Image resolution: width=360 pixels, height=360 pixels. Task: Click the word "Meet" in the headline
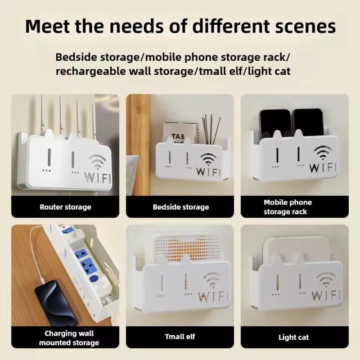tap(48, 26)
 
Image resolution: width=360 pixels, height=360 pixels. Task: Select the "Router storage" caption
tap(65, 207)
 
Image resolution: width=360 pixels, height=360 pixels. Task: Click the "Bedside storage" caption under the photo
tap(181, 207)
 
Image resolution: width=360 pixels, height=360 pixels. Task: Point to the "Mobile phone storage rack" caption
tap(288, 207)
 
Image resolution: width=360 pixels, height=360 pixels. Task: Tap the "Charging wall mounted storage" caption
tap(69, 338)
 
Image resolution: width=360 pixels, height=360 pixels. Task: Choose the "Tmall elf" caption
tap(180, 337)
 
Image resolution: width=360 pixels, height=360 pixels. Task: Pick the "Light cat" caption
tap(294, 337)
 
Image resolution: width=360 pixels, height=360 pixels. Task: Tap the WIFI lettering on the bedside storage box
tap(208, 172)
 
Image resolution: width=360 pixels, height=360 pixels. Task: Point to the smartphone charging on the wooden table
tap(55, 302)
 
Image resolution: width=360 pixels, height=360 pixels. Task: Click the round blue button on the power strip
tap(93, 279)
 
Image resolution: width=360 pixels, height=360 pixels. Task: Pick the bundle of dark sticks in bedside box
tap(211, 130)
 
